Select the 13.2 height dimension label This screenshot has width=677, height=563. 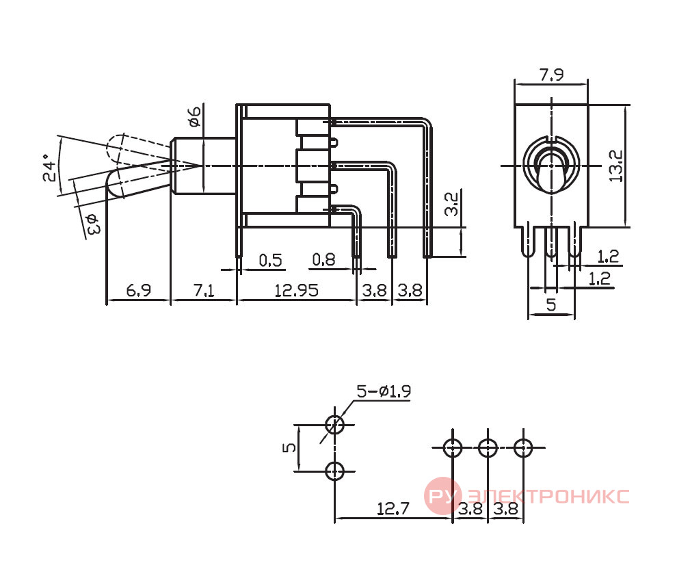[616, 166]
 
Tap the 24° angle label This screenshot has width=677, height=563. [50, 167]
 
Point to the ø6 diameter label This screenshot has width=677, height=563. [195, 116]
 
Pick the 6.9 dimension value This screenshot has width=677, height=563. [139, 290]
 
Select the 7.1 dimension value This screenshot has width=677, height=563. [203, 290]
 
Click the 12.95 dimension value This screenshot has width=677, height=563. [297, 290]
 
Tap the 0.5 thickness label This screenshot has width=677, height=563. [270, 260]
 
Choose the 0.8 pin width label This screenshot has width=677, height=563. [323, 260]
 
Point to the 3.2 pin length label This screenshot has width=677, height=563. [451, 205]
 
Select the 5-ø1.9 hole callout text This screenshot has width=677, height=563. [384, 391]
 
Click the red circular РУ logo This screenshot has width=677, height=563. [442, 495]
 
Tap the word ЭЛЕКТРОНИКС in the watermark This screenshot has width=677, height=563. [548, 496]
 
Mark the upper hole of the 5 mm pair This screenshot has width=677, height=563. [334, 424]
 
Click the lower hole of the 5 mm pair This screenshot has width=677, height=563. [334, 471]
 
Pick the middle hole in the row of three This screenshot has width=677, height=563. [488, 447]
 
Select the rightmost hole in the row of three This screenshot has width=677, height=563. [523, 447]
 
